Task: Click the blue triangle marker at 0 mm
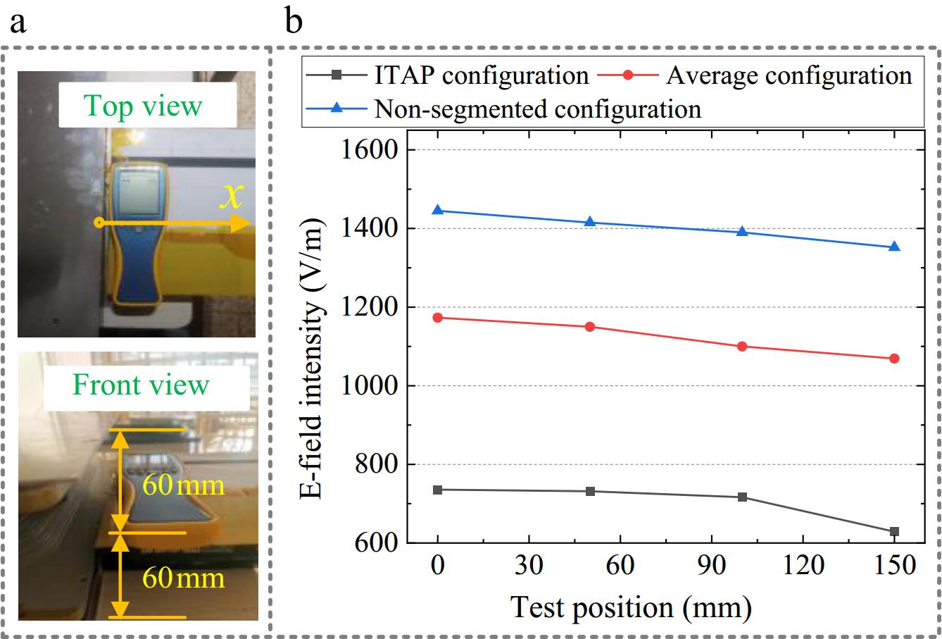coord(438,210)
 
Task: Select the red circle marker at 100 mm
coord(742,346)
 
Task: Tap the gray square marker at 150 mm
coord(894,531)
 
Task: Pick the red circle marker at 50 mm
coord(590,326)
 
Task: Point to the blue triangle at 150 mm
coord(894,247)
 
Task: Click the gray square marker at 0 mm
coord(438,490)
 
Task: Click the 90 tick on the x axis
coord(711,566)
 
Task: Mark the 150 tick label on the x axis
coord(894,566)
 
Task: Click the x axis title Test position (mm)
coord(631,606)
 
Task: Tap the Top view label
coord(143,106)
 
